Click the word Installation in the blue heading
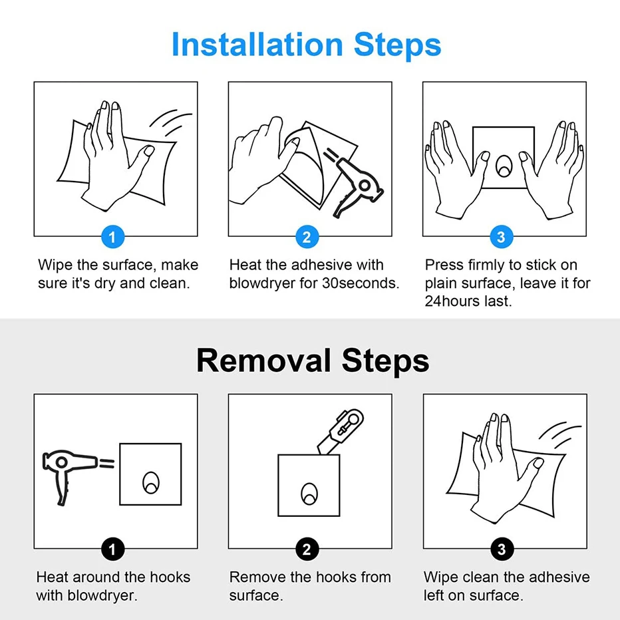coord(257,45)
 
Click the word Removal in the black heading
coord(263,361)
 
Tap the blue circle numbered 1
coord(112,237)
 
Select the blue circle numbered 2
coord(307,237)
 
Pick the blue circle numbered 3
coord(502,237)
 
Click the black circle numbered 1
coord(112,549)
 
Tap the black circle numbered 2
coord(307,549)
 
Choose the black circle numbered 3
coord(502,549)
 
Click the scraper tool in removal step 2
coord(341,431)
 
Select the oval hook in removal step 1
coord(150,483)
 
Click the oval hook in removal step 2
coord(309,494)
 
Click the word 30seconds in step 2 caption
coord(361,283)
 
